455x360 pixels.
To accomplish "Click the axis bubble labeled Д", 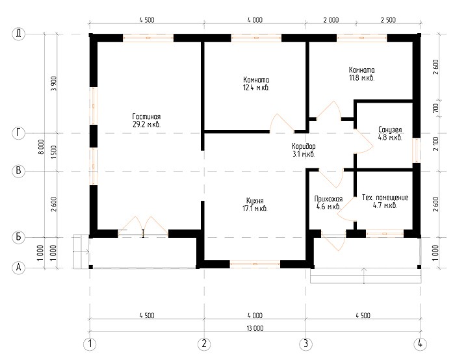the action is click(19, 34).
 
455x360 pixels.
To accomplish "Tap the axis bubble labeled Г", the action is click(19, 133).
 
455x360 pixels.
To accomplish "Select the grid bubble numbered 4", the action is click(420, 344).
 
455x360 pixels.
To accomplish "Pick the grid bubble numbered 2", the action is click(204, 344).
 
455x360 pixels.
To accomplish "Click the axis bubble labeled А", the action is click(19, 267).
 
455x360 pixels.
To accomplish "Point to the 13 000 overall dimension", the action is click(255, 328).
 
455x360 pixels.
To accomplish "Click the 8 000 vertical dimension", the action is click(41, 147).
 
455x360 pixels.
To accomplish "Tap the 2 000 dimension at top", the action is click(331, 20).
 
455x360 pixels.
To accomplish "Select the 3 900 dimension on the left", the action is click(54, 84).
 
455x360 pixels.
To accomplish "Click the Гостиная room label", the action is click(146, 116).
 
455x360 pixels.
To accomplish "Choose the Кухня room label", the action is click(255, 201).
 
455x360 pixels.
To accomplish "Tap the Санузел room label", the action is click(390, 129).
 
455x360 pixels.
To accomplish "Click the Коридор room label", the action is click(304, 146).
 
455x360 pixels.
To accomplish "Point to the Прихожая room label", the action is click(328, 199).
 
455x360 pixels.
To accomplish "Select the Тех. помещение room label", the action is click(385, 198).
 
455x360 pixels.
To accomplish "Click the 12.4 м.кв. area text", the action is click(256, 88).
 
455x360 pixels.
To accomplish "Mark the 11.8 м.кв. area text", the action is click(361, 78).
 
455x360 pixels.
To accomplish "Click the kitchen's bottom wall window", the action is click(255, 264).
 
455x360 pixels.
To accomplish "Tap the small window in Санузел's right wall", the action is click(417, 150).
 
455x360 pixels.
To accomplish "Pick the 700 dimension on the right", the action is click(435, 109).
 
